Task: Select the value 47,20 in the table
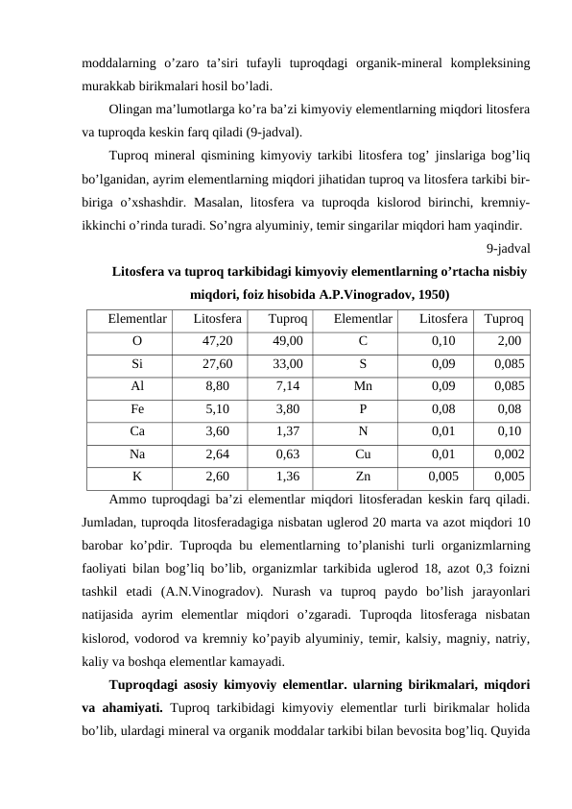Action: pyautogui.click(x=217, y=341)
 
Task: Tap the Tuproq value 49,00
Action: pyautogui.click(x=288, y=341)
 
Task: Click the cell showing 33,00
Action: pyautogui.click(x=288, y=364)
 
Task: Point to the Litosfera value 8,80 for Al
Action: pyautogui.click(x=218, y=386)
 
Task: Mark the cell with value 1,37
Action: pyautogui.click(x=288, y=430)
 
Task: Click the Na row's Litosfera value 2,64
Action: pyautogui.click(x=218, y=454)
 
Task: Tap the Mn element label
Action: pyautogui.click(x=363, y=386)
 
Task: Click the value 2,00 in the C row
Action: pyautogui.click(x=510, y=341)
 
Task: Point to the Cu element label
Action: pyautogui.click(x=363, y=454)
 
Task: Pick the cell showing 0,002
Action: pyautogui.click(x=509, y=454)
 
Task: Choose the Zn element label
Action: pyautogui.click(x=363, y=476)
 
